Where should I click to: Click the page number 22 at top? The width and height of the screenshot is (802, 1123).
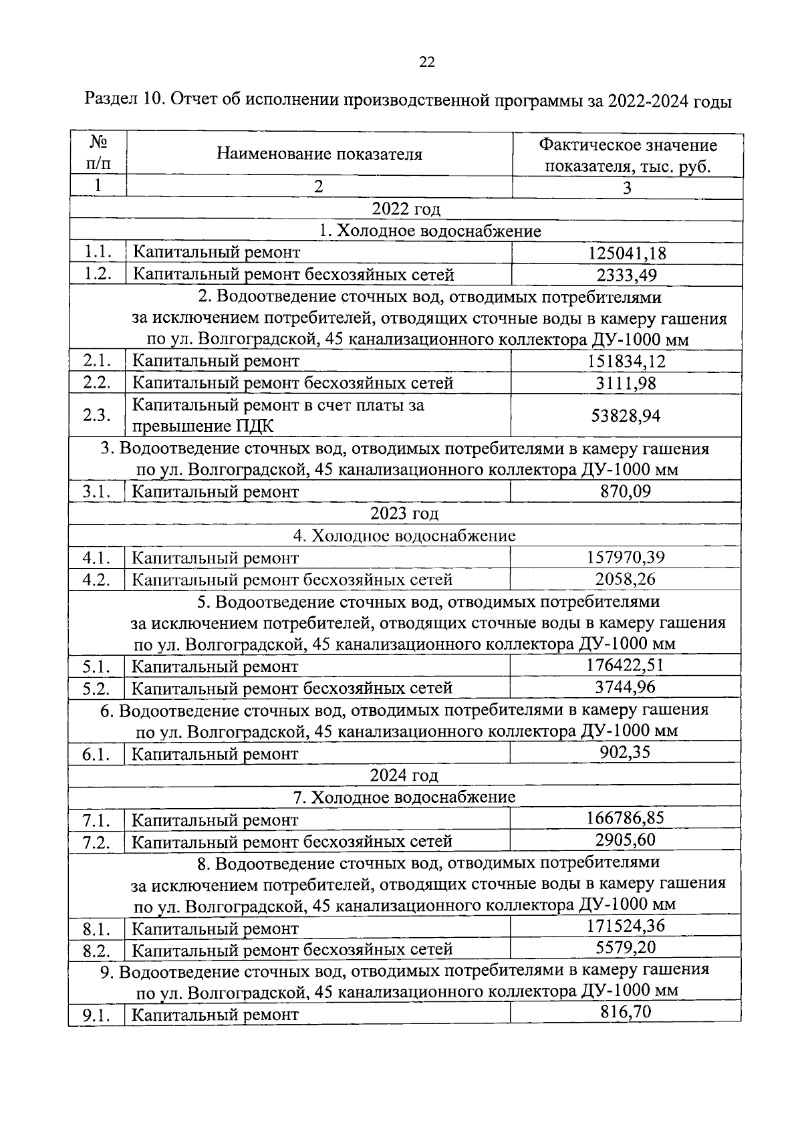(x=426, y=63)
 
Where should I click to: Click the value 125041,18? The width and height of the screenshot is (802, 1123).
(x=627, y=253)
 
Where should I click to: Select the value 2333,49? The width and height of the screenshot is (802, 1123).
(x=627, y=275)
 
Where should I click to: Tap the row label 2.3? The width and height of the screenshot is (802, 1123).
(x=97, y=415)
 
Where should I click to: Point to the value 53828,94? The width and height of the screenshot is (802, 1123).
(x=626, y=416)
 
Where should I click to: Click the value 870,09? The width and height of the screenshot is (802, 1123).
(x=626, y=491)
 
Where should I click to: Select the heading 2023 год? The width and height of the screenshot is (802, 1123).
(x=404, y=513)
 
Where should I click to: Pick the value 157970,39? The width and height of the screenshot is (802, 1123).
(x=626, y=557)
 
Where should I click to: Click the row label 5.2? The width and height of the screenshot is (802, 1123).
(x=96, y=688)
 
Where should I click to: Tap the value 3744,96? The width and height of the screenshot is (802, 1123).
(x=626, y=687)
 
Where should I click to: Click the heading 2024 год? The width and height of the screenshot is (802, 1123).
(x=404, y=775)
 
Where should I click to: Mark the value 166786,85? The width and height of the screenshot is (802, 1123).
(x=626, y=818)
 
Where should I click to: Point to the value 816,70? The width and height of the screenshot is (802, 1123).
(x=626, y=1012)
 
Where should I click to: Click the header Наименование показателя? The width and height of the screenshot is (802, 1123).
(x=319, y=154)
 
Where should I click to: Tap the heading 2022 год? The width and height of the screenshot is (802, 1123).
(x=406, y=209)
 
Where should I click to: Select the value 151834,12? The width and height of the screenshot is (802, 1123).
(x=627, y=362)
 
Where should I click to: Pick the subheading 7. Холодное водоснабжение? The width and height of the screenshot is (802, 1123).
(x=404, y=797)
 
